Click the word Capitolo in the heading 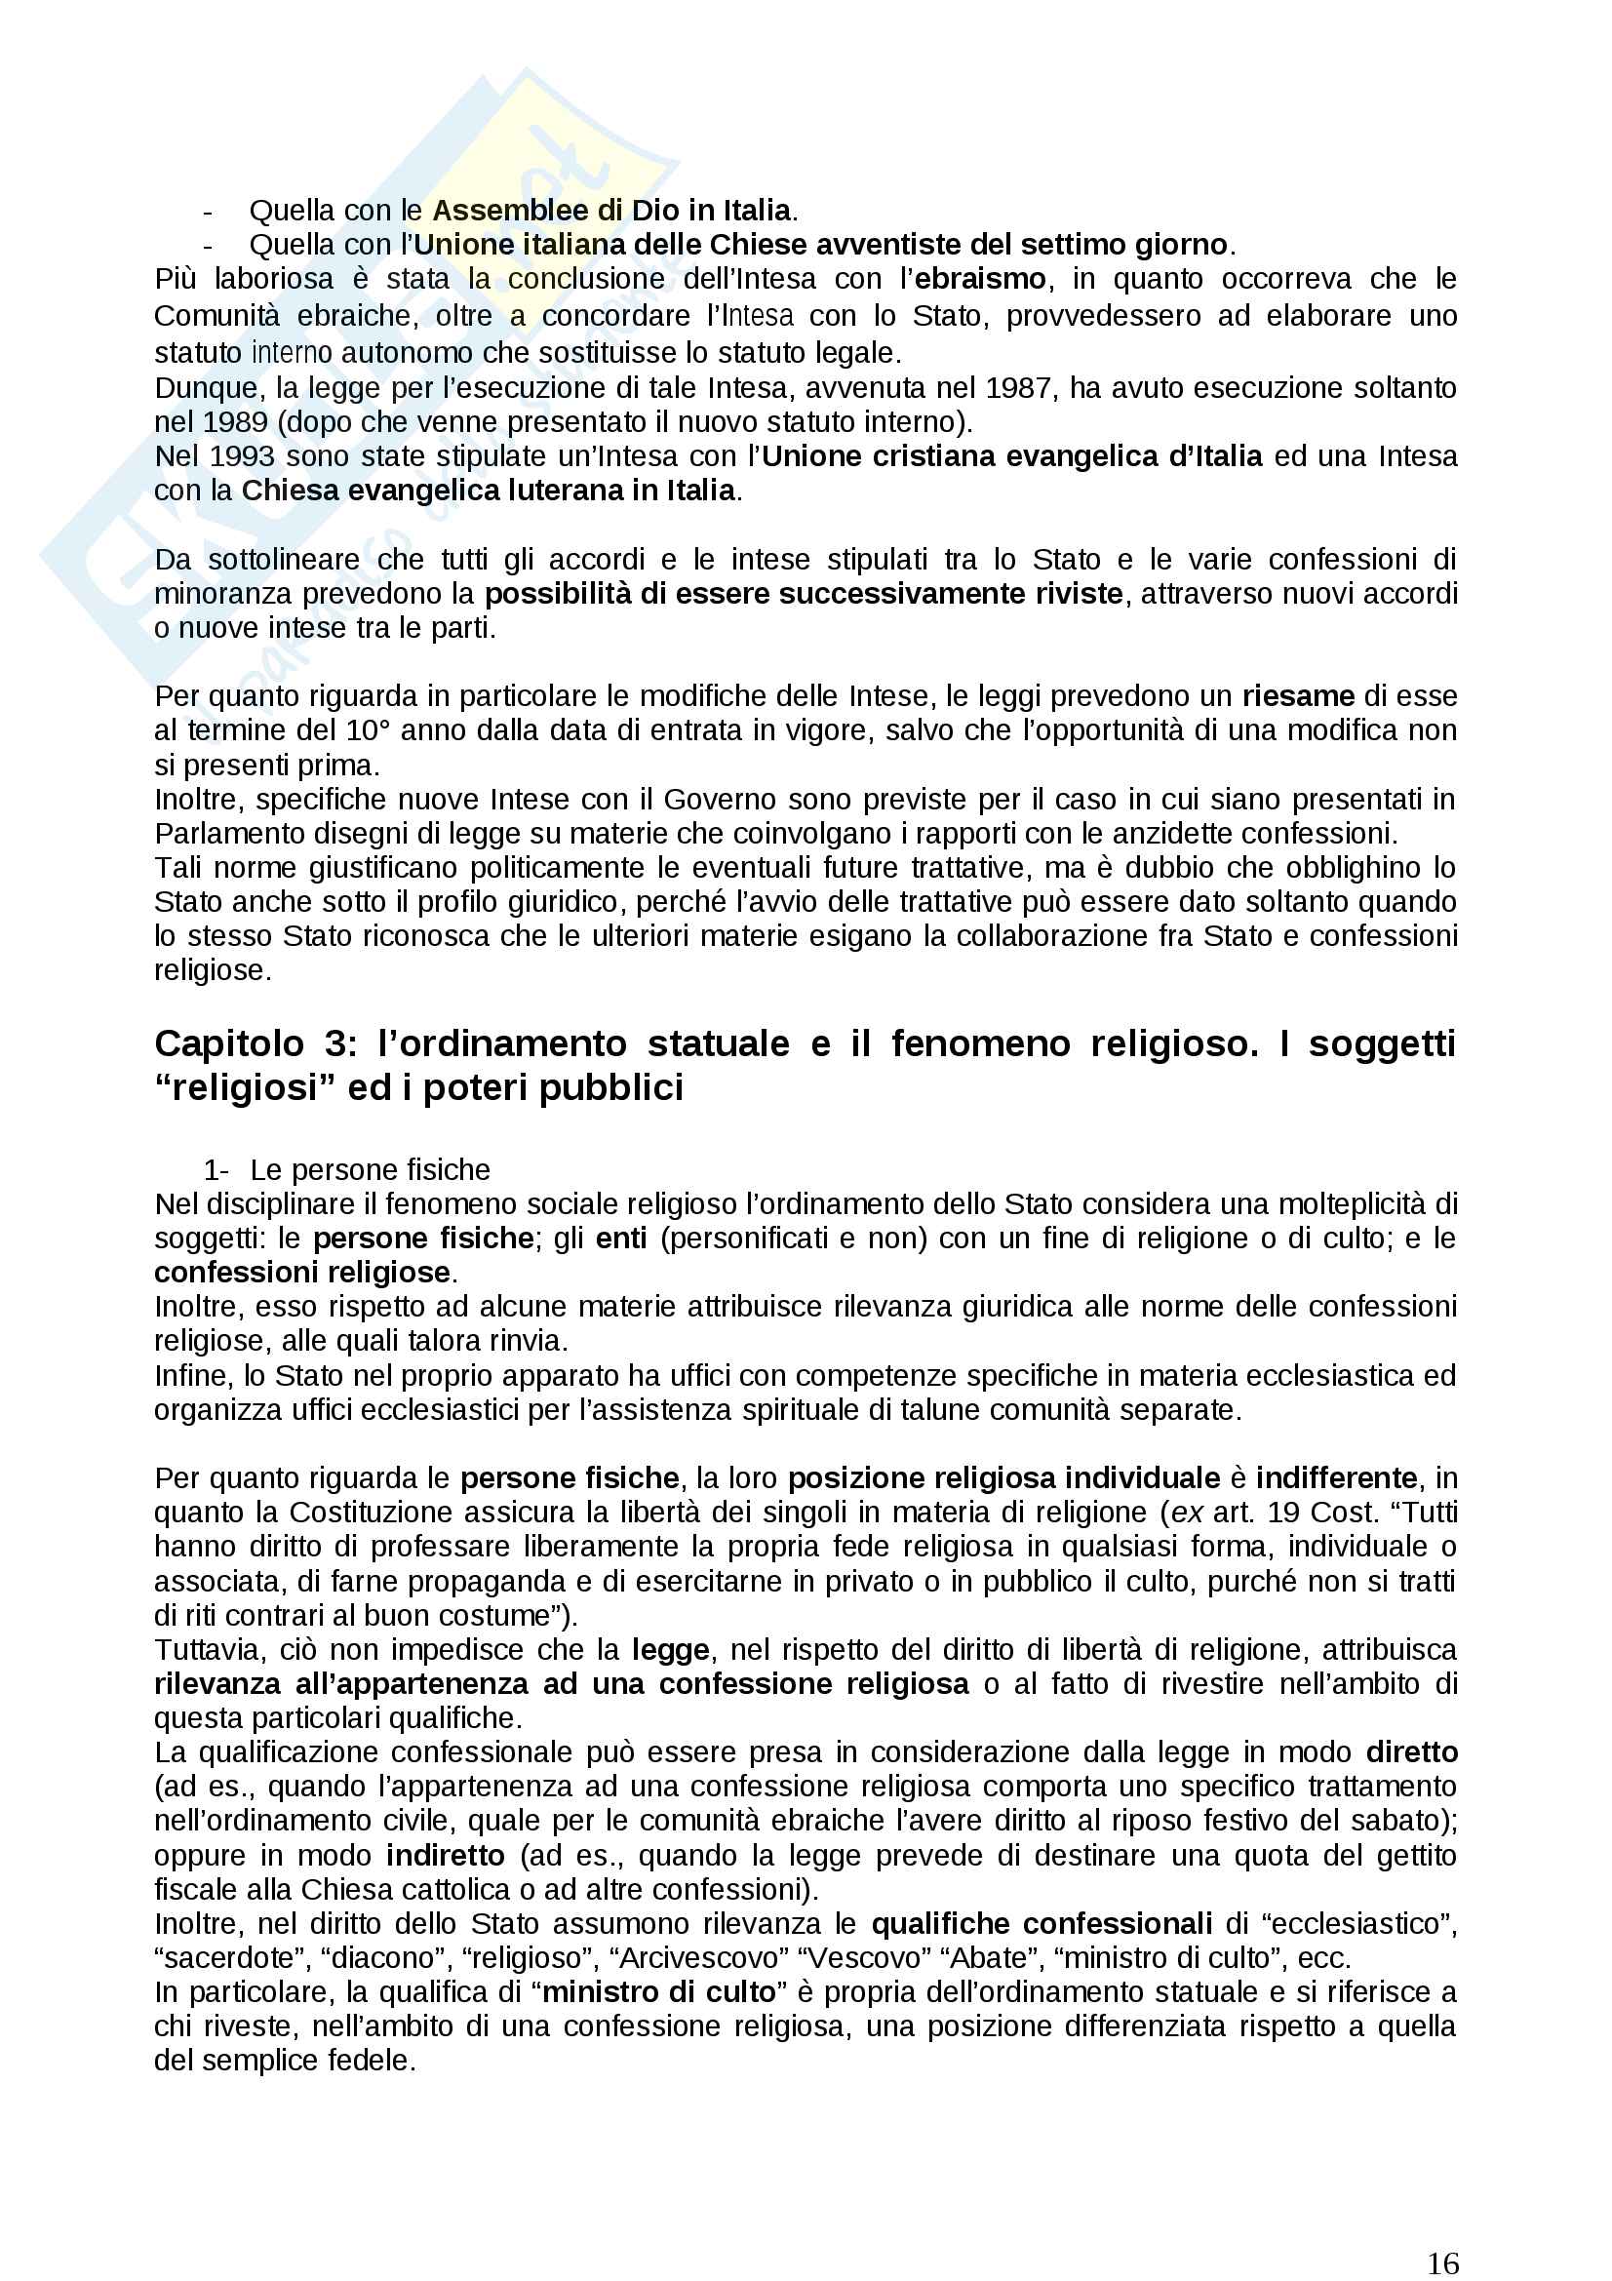tap(229, 1044)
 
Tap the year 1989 tap(235, 422)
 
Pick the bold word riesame tap(1298, 695)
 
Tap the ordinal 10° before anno tap(369, 730)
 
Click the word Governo tap(719, 800)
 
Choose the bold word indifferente tap(1336, 1478)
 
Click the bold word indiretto tap(445, 1856)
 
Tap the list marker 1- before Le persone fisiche tap(216, 1170)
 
